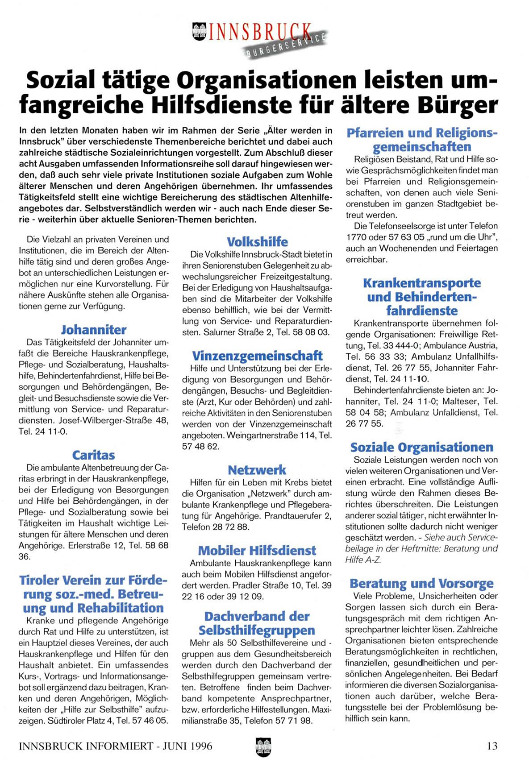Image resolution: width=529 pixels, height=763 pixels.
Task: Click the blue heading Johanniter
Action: point(94,330)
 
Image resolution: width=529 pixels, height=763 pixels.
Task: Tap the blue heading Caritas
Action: point(94,455)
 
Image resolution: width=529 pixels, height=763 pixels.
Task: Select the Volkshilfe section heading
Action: point(257,242)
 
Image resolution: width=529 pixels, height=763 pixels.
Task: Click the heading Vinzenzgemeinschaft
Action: point(257,356)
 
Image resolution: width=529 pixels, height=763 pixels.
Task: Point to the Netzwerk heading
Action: point(257,470)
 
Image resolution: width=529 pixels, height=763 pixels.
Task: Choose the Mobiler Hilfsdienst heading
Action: point(257,550)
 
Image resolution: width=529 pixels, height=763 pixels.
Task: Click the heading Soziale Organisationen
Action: point(421,447)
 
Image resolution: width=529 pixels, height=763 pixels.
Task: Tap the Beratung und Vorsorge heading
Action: point(421,583)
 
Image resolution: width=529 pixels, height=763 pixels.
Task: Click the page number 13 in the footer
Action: point(492,746)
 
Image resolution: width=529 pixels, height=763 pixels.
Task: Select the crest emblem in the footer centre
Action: point(263,746)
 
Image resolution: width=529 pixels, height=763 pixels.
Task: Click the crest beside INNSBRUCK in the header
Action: point(199,32)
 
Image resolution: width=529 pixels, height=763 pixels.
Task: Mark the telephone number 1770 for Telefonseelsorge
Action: point(355,237)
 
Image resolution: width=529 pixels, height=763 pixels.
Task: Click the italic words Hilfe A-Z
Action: point(363,560)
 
